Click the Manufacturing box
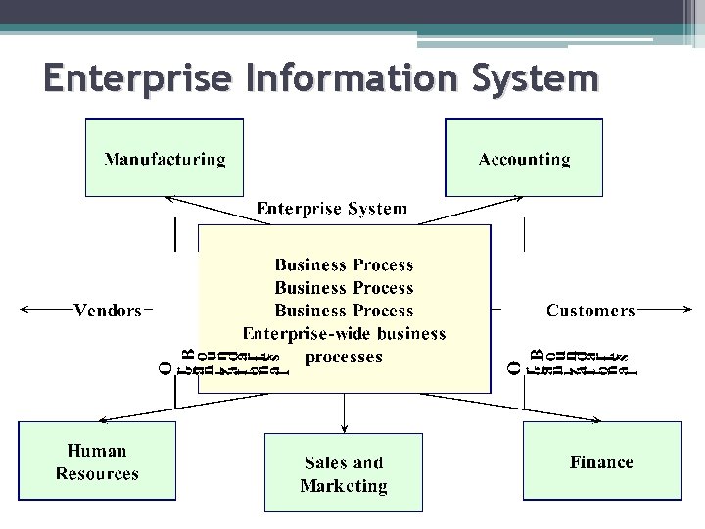click(164, 158)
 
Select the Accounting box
click(524, 158)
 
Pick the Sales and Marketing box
click(344, 473)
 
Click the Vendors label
click(108, 311)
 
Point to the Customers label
click(590, 311)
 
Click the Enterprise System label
click(332, 208)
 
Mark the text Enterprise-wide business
click(344, 334)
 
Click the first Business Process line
click(344, 264)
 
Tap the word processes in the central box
click(344, 357)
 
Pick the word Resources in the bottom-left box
click(97, 474)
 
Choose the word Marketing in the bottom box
click(344, 486)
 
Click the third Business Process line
click(344, 312)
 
